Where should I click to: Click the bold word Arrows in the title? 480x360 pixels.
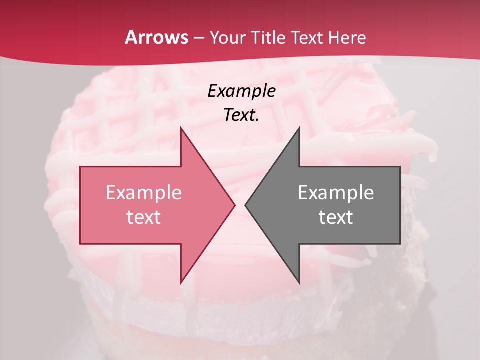[x=157, y=37]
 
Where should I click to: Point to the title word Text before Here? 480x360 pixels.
[x=308, y=38]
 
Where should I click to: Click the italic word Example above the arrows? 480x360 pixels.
[x=241, y=91]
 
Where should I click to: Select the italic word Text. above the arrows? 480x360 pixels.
[x=241, y=115]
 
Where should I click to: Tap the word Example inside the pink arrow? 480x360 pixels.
[x=144, y=192]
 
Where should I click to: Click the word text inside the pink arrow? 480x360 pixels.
[x=144, y=217]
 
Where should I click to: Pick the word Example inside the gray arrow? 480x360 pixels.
[x=336, y=192]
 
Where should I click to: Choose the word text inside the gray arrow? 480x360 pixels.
[x=336, y=217]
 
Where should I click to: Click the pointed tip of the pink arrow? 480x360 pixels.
[x=235, y=205]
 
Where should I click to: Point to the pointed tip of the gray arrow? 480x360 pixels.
[x=245, y=205]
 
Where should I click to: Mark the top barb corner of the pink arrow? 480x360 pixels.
[x=181, y=128]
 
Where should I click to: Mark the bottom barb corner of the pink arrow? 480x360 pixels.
[x=181, y=283]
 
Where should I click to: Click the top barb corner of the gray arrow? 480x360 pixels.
[x=299, y=128]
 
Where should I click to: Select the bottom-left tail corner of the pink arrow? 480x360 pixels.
[x=80, y=244]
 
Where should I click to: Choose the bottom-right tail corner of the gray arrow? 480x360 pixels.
[x=400, y=244]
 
